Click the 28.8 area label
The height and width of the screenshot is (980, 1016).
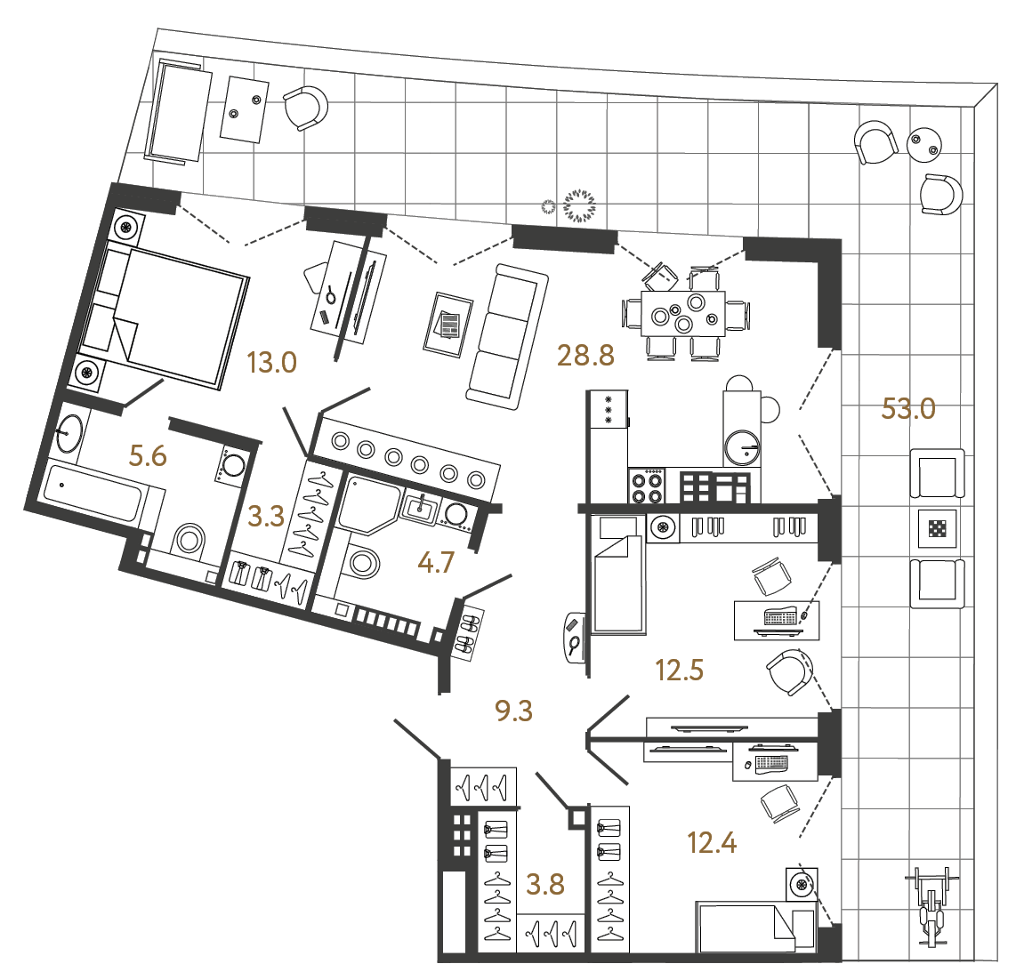point(585,356)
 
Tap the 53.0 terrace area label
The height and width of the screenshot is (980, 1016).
point(907,409)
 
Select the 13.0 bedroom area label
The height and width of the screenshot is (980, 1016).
point(271,363)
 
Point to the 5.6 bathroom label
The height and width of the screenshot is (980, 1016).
point(148,456)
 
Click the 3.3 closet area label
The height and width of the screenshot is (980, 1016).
point(265,516)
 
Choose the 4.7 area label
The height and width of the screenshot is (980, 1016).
point(436,562)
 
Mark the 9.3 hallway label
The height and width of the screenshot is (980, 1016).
point(513,711)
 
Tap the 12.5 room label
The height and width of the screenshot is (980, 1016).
point(679,671)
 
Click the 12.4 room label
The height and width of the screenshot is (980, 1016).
point(712,841)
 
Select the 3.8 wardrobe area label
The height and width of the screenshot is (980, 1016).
point(544,884)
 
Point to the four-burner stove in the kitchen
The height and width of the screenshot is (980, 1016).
point(647,486)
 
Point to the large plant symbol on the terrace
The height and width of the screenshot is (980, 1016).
point(580,205)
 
